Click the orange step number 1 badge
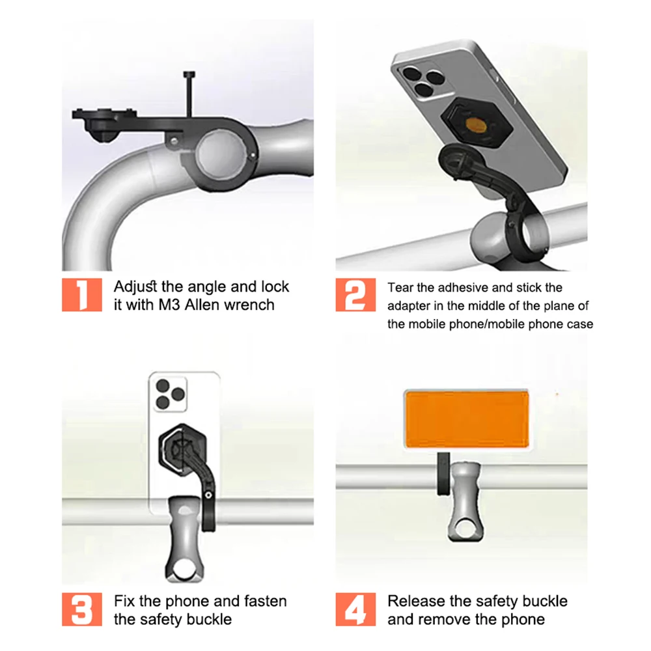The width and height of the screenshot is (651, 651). click(x=82, y=295)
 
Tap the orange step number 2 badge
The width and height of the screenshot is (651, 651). click(x=355, y=295)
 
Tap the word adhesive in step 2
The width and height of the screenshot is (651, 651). click(x=458, y=287)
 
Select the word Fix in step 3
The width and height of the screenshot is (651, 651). click(x=126, y=601)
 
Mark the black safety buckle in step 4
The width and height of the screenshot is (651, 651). click(x=442, y=475)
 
